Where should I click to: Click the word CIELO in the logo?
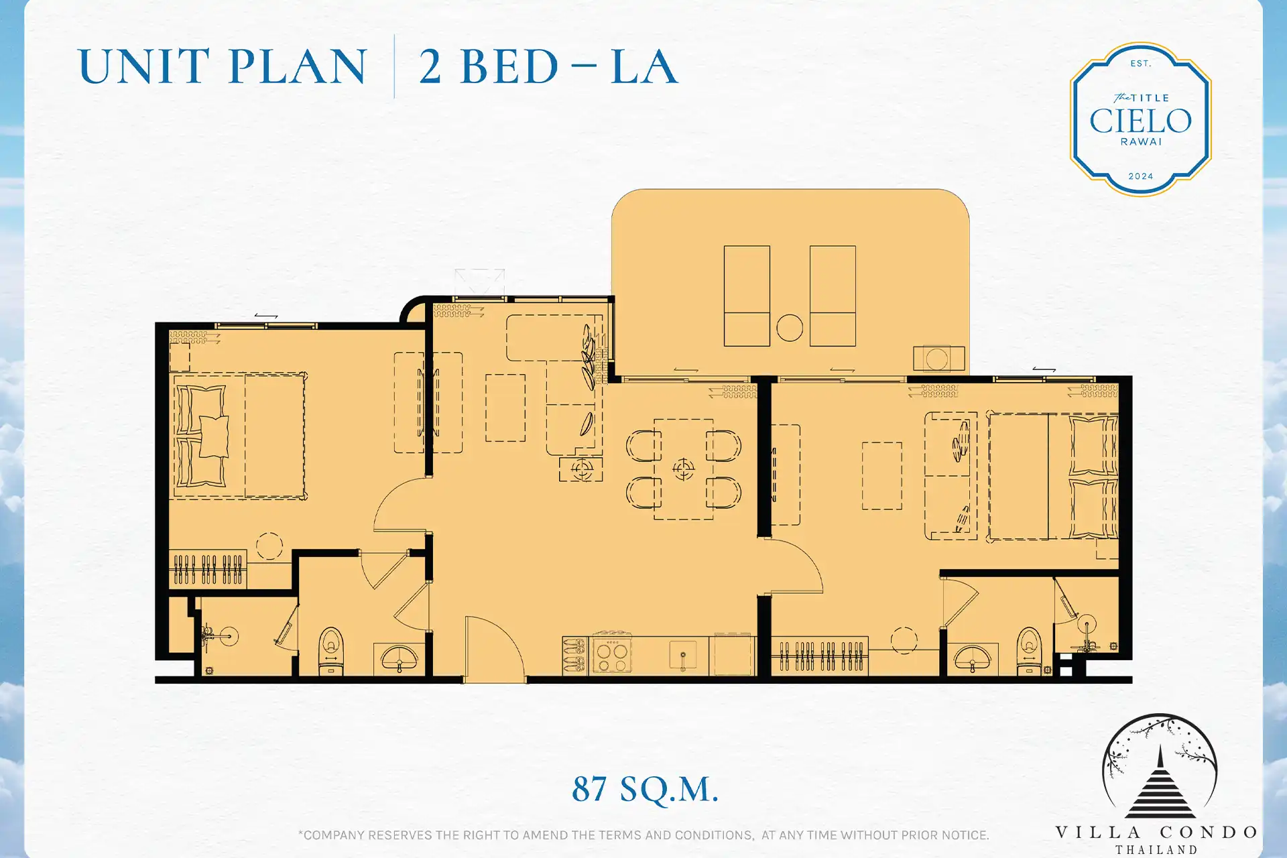pyautogui.click(x=1140, y=121)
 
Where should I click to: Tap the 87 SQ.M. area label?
pyautogui.click(x=645, y=789)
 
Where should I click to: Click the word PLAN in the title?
pyautogui.click(x=298, y=66)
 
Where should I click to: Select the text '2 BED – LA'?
pyautogui.click(x=548, y=66)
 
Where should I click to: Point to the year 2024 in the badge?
pyautogui.click(x=1140, y=176)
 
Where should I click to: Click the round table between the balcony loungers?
pyautogui.click(x=790, y=328)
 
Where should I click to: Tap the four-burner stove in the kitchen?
pyautogui.click(x=611, y=654)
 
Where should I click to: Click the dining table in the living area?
pyautogui.click(x=684, y=469)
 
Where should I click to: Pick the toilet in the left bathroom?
pyautogui.click(x=331, y=650)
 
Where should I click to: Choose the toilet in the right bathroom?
pyautogui.click(x=1029, y=650)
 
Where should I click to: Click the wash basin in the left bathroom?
pyautogui.click(x=400, y=658)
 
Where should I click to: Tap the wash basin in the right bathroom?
pyautogui.click(x=972, y=658)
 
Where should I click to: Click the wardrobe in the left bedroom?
pyautogui.click(x=208, y=569)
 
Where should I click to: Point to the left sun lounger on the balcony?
pyautogui.click(x=747, y=296)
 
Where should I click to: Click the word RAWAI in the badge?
pyautogui.click(x=1141, y=142)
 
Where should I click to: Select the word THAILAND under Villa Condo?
pyautogui.click(x=1156, y=850)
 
